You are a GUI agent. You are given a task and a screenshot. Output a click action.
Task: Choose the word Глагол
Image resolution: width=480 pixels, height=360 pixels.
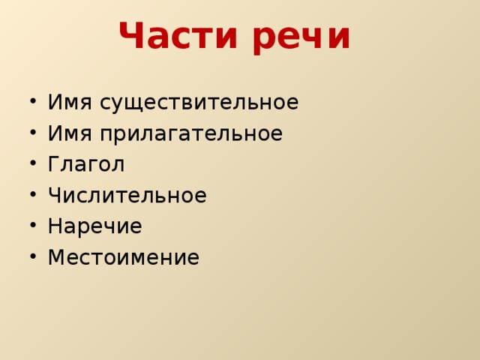[85, 164]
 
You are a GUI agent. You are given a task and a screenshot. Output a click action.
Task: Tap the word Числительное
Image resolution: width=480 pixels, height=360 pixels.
[127, 196]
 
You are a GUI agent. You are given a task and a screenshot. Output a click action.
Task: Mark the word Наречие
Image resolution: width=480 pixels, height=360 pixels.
[94, 226]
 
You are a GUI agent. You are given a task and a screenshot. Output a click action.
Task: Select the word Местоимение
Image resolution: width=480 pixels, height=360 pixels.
[123, 257]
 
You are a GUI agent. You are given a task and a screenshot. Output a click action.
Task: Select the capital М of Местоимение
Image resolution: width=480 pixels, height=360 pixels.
[56, 257]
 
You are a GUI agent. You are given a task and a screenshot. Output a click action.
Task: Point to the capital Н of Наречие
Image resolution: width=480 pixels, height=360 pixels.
[55, 226]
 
